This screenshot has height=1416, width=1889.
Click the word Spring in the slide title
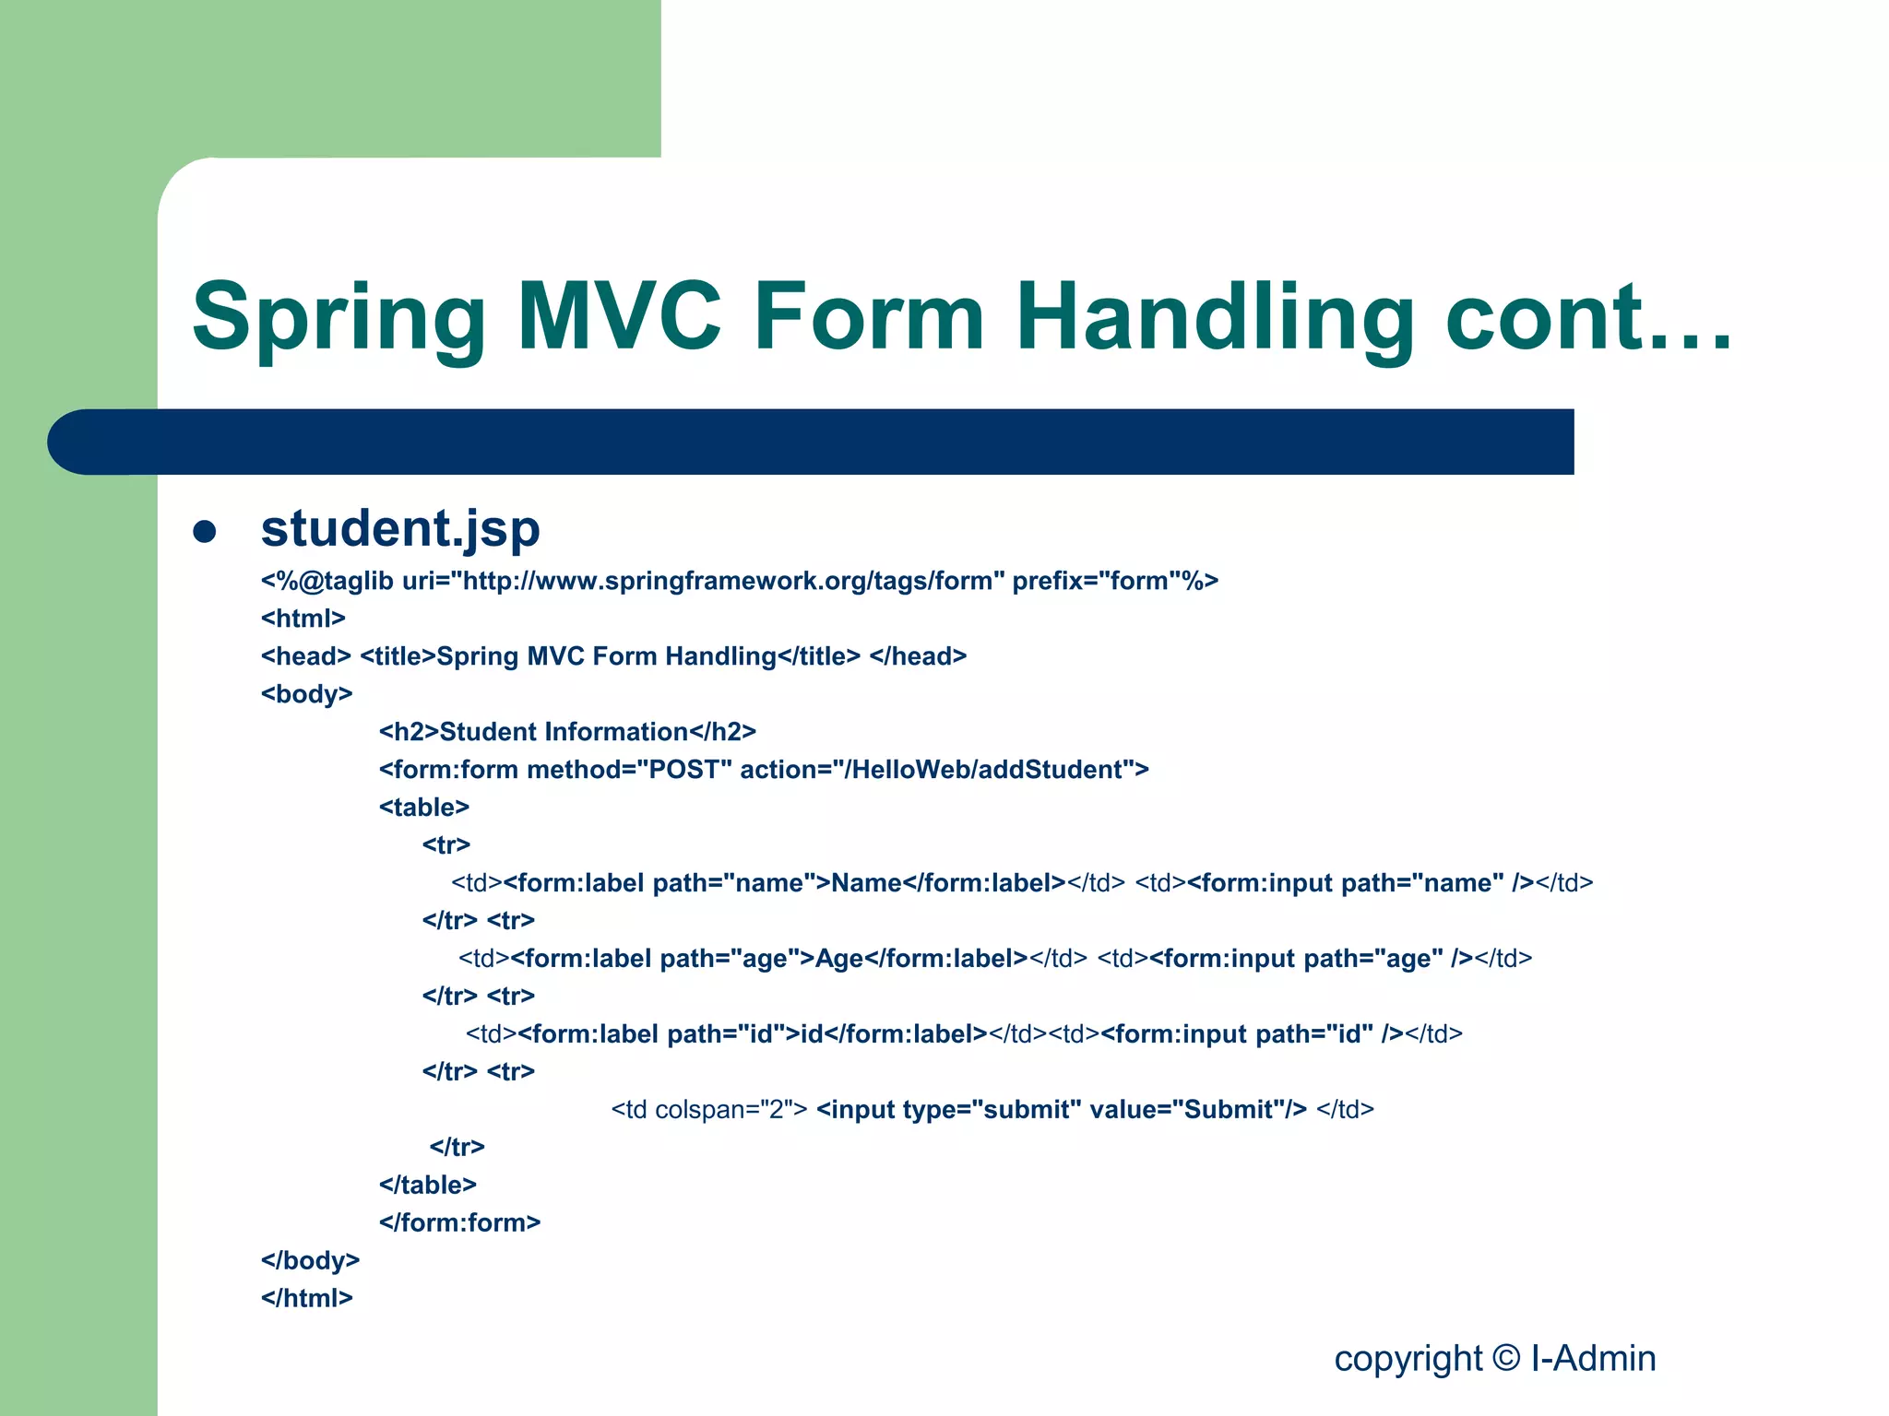pos(339,318)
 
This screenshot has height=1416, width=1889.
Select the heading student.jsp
pos(399,528)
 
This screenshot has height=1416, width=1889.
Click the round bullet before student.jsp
pos(205,532)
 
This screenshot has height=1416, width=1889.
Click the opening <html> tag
pos(303,619)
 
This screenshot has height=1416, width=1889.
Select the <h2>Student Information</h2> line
pos(567,732)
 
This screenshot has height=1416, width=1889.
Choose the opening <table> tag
pos(423,808)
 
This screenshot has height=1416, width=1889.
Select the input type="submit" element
pos(1061,1110)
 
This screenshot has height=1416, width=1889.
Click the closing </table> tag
pos(427,1185)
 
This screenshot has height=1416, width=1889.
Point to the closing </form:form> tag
pos(459,1222)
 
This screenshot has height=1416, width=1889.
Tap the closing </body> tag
pos(310,1260)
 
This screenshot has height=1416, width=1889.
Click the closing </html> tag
pos(306,1298)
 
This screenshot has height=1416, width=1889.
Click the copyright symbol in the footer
pos(1505,1359)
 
